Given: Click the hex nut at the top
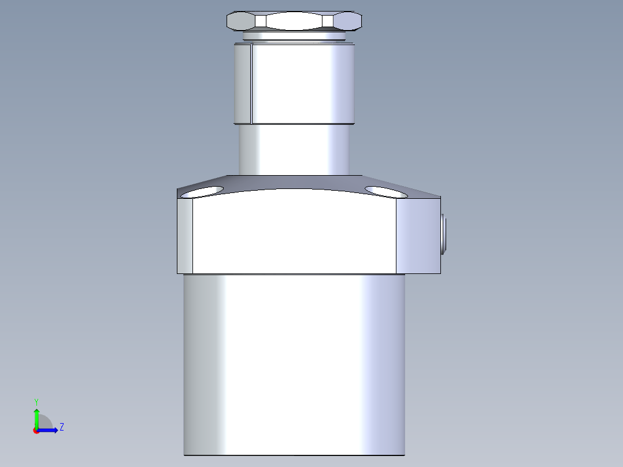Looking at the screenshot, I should (294, 21).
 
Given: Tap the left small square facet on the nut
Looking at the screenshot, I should (261, 21).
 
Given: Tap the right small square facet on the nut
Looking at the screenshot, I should (328, 21).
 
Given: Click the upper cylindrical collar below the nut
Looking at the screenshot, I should (301, 84).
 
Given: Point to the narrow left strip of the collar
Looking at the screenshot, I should (242, 84).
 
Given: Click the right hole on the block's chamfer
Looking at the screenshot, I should (387, 191).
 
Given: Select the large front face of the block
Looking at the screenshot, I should (294, 234).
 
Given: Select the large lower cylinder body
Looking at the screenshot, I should (294, 364).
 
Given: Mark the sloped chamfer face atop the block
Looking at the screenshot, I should (294, 182).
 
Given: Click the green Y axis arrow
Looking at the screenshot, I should (36, 417).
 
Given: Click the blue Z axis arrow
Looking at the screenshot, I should (50, 429).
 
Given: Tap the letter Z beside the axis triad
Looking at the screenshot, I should (61, 427).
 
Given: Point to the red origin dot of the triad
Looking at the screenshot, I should (36, 431).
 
